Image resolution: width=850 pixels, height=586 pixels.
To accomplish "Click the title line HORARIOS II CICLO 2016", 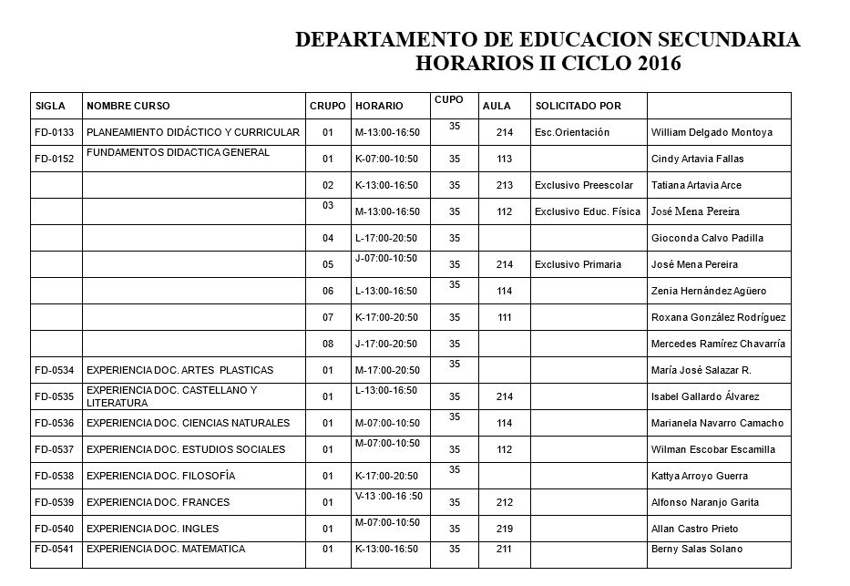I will tap(548, 63).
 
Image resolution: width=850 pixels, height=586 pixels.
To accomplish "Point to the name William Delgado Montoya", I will tap(712, 133).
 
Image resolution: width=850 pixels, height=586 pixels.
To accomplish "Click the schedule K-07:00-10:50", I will tap(386, 159).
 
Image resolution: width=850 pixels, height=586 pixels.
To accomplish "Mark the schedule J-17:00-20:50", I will tap(386, 344).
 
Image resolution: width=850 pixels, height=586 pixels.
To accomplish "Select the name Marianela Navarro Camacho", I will tap(712, 424).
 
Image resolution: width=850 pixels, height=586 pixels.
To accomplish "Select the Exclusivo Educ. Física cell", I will tap(582, 212).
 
